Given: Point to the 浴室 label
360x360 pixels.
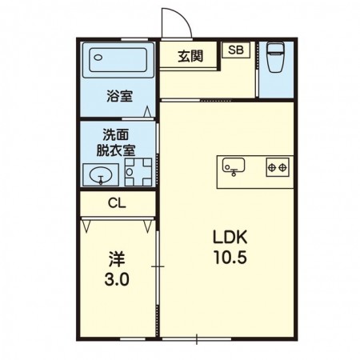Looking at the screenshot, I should point(119,98).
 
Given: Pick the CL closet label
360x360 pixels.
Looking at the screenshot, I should point(117,203).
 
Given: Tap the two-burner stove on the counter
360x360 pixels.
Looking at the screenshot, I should point(276,166).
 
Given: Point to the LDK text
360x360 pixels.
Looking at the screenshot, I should point(230,238).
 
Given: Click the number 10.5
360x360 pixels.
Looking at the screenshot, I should point(230,258).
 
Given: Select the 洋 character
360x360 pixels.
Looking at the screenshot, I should point(116,261).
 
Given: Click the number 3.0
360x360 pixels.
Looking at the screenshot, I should point(117,281).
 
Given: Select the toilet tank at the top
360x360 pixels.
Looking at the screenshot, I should point(277,46).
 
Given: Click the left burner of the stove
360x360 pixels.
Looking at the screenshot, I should point(271,166).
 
